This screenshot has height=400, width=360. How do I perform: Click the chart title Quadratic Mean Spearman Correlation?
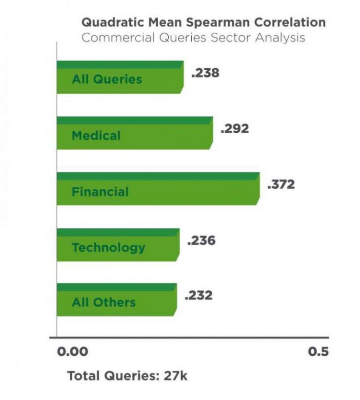pyautogui.click(x=203, y=22)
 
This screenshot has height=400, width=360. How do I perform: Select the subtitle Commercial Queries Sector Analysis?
pyautogui.click(x=193, y=38)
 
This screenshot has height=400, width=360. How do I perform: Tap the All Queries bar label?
pyautogui.click(x=107, y=80)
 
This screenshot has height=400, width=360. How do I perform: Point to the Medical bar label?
pyautogui.click(x=96, y=135)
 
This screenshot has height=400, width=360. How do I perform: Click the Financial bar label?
pyautogui.click(x=100, y=192)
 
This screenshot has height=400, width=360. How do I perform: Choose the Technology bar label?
pyautogui.click(x=108, y=247)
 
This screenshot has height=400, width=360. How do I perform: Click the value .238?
pyautogui.click(x=205, y=73)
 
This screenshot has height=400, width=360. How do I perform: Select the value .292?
pyautogui.click(x=235, y=129)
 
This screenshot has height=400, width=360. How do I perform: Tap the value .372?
pyautogui.click(x=281, y=185)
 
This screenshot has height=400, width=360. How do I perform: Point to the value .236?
pyautogui.click(x=201, y=241)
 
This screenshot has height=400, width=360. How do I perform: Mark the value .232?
pyautogui.click(x=199, y=296)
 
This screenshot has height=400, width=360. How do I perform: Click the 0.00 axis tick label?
pyautogui.click(x=73, y=352)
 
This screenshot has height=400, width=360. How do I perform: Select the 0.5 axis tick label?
pyautogui.click(x=318, y=352)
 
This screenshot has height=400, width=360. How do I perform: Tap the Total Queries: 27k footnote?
pyautogui.click(x=127, y=376)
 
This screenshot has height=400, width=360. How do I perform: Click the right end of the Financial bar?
pyautogui.click(x=258, y=189)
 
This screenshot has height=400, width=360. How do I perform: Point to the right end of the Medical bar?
pyautogui.click(x=211, y=133)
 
